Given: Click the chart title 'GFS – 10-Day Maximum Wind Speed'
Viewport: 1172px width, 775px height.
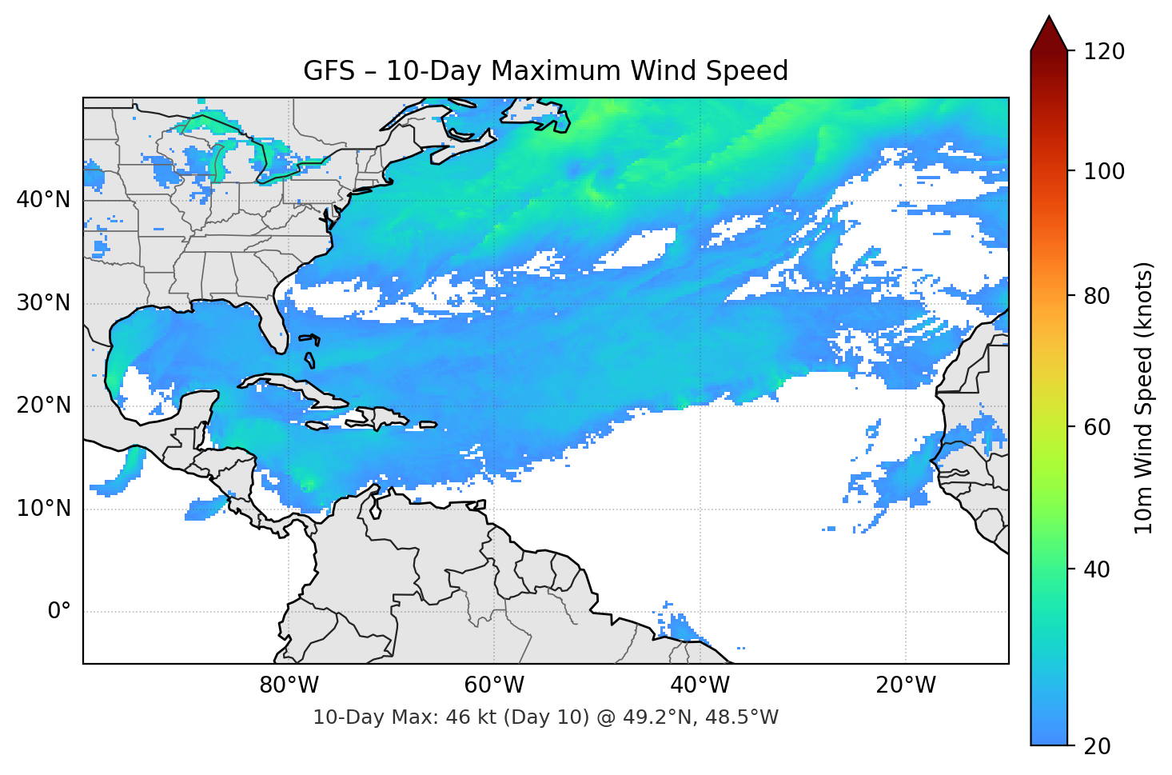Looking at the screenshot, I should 545,71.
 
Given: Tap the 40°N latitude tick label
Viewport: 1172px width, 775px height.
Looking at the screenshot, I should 43,200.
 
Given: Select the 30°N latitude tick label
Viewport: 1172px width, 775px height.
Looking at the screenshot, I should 43,303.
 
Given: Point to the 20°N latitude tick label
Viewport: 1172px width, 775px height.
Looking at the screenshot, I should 43,405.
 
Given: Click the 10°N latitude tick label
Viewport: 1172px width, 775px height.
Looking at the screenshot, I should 43,509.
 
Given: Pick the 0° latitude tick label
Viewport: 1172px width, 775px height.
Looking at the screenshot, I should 58,612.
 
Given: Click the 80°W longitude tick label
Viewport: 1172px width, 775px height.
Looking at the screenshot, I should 289,685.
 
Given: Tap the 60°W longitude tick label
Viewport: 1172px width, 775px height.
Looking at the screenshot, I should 494,685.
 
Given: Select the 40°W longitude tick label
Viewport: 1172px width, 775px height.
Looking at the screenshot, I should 700,685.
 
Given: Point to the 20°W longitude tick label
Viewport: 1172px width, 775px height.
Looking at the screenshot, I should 905,685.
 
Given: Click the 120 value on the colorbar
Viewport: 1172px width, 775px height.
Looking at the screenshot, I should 1104,52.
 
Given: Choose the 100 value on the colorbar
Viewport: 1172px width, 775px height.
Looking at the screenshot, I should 1104,171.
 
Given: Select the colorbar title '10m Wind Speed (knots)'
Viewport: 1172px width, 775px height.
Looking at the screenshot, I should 1144,397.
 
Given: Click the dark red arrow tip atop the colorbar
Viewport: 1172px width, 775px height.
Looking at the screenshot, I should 1049,32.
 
